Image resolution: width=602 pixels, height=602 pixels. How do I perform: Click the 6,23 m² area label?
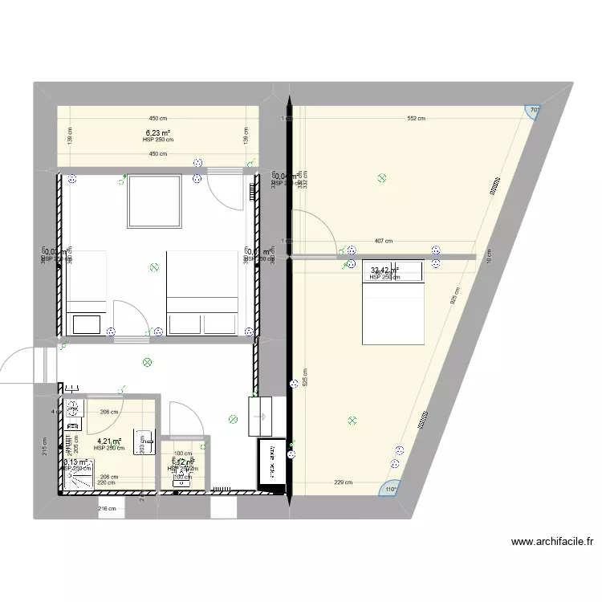(x=157, y=132)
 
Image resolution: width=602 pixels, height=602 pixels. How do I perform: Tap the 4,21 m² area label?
(x=109, y=441)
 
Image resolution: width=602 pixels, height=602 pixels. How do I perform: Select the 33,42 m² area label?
(x=384, y=270)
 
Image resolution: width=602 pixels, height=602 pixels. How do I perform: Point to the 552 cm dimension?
(x=415, y=119)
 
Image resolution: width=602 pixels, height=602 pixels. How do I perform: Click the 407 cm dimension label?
(x=384, y=241)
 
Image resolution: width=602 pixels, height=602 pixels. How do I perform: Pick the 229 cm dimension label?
(x=344, y=482)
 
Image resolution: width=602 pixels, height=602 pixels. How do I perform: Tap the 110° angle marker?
(x=392, y=490)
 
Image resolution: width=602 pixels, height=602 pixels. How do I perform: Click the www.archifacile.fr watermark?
(x=552, y=542)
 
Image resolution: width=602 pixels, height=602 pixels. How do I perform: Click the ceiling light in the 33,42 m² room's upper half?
(x=382, y=179)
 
